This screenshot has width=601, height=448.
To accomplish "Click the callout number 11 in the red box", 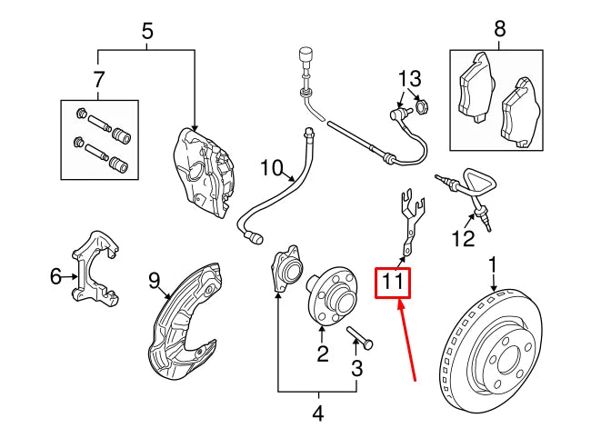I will click(393, 283).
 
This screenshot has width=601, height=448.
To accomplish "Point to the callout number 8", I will click(498, 30).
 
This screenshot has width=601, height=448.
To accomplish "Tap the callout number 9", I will click(154, 281).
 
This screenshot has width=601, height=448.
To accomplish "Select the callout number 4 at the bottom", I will click(317, 414).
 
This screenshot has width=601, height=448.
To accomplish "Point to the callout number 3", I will click(356, 368).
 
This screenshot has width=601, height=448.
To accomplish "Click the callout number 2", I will click(322, 353).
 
